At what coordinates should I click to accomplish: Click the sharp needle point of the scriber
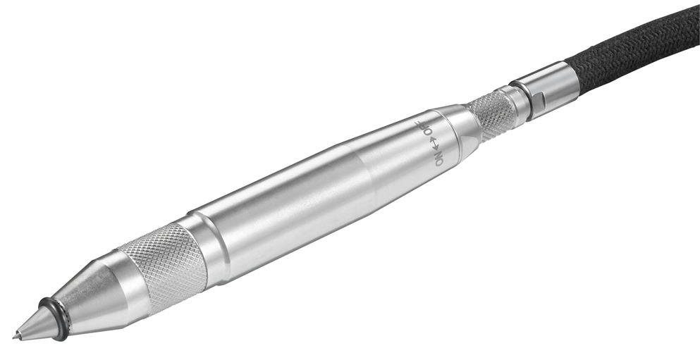(16, 337)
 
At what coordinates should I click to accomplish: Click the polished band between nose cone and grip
(127, 271)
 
